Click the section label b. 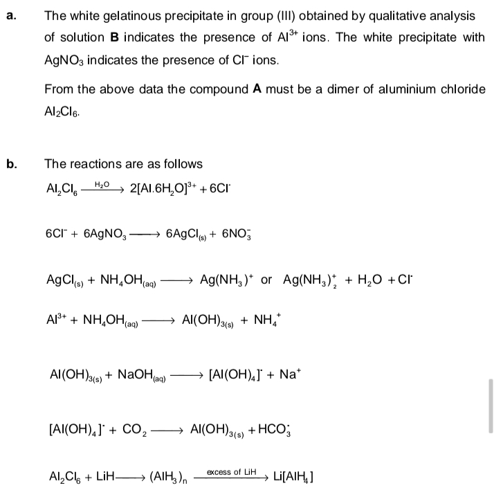[10, 164]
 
